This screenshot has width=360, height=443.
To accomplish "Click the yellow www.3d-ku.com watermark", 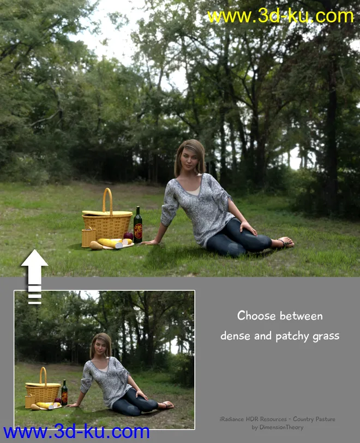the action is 280,16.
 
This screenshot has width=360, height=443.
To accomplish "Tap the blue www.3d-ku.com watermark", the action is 76,432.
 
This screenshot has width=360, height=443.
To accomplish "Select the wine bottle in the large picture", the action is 138,225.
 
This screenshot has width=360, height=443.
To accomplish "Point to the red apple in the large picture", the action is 128,235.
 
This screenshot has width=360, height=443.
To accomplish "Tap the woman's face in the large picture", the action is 190,158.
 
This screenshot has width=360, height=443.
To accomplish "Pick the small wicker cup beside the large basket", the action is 88,237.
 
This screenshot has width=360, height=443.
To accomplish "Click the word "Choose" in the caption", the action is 256,315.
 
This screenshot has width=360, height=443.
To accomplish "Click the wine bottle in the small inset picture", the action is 64,392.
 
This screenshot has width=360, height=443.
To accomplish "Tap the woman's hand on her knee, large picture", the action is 248,228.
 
